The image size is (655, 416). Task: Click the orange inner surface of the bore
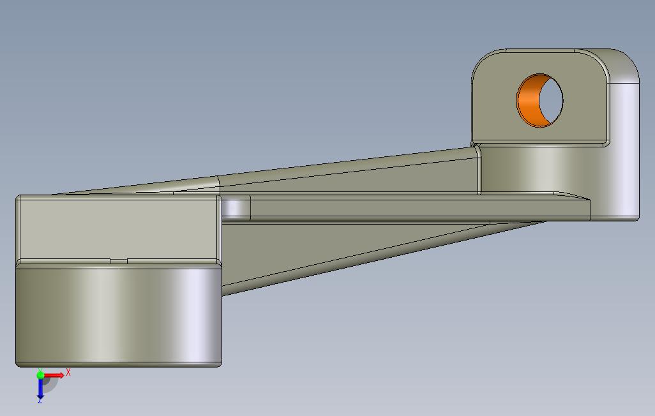coord(527,101)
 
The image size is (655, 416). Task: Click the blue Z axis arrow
coord(40,387)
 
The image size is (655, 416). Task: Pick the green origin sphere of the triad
coord(40,375)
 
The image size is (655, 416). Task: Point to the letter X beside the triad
coord(68,372)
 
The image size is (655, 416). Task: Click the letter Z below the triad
coord(40,401)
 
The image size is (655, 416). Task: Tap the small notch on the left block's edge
coord(119,261)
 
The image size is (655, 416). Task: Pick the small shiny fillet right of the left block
coord(236,207)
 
